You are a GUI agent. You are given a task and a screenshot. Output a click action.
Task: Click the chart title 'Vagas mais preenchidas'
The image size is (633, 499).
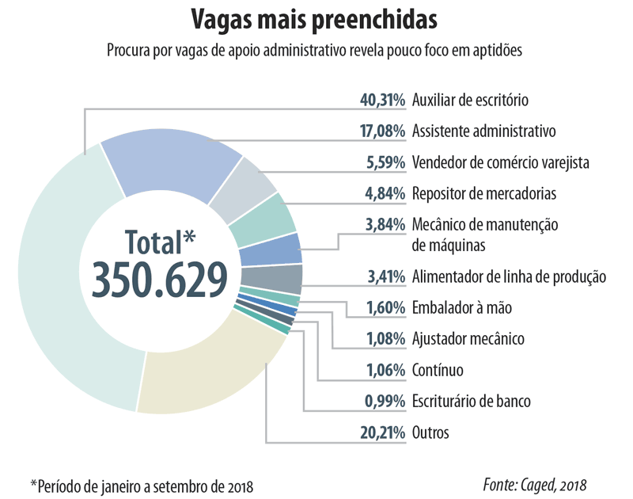point(316,18)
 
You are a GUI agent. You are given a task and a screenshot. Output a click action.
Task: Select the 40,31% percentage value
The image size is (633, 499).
point(382,101)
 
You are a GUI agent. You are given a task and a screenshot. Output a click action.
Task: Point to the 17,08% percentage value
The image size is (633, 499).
point(382,131)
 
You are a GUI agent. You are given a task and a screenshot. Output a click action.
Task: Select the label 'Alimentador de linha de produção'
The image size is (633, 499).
point(509,277)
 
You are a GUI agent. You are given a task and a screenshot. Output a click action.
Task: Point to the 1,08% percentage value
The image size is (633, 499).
point(385,340)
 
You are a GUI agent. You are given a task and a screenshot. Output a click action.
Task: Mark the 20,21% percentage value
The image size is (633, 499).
point(382,432)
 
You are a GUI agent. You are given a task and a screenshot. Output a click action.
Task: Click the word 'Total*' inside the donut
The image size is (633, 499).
point(160,240)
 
